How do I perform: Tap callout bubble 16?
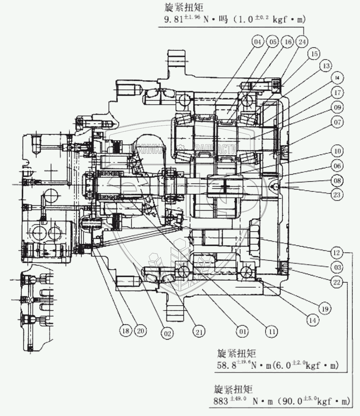287,43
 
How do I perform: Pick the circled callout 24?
303,43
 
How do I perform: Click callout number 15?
314,54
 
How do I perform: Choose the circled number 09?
337,107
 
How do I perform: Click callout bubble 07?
337,122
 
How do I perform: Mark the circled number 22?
336,282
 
